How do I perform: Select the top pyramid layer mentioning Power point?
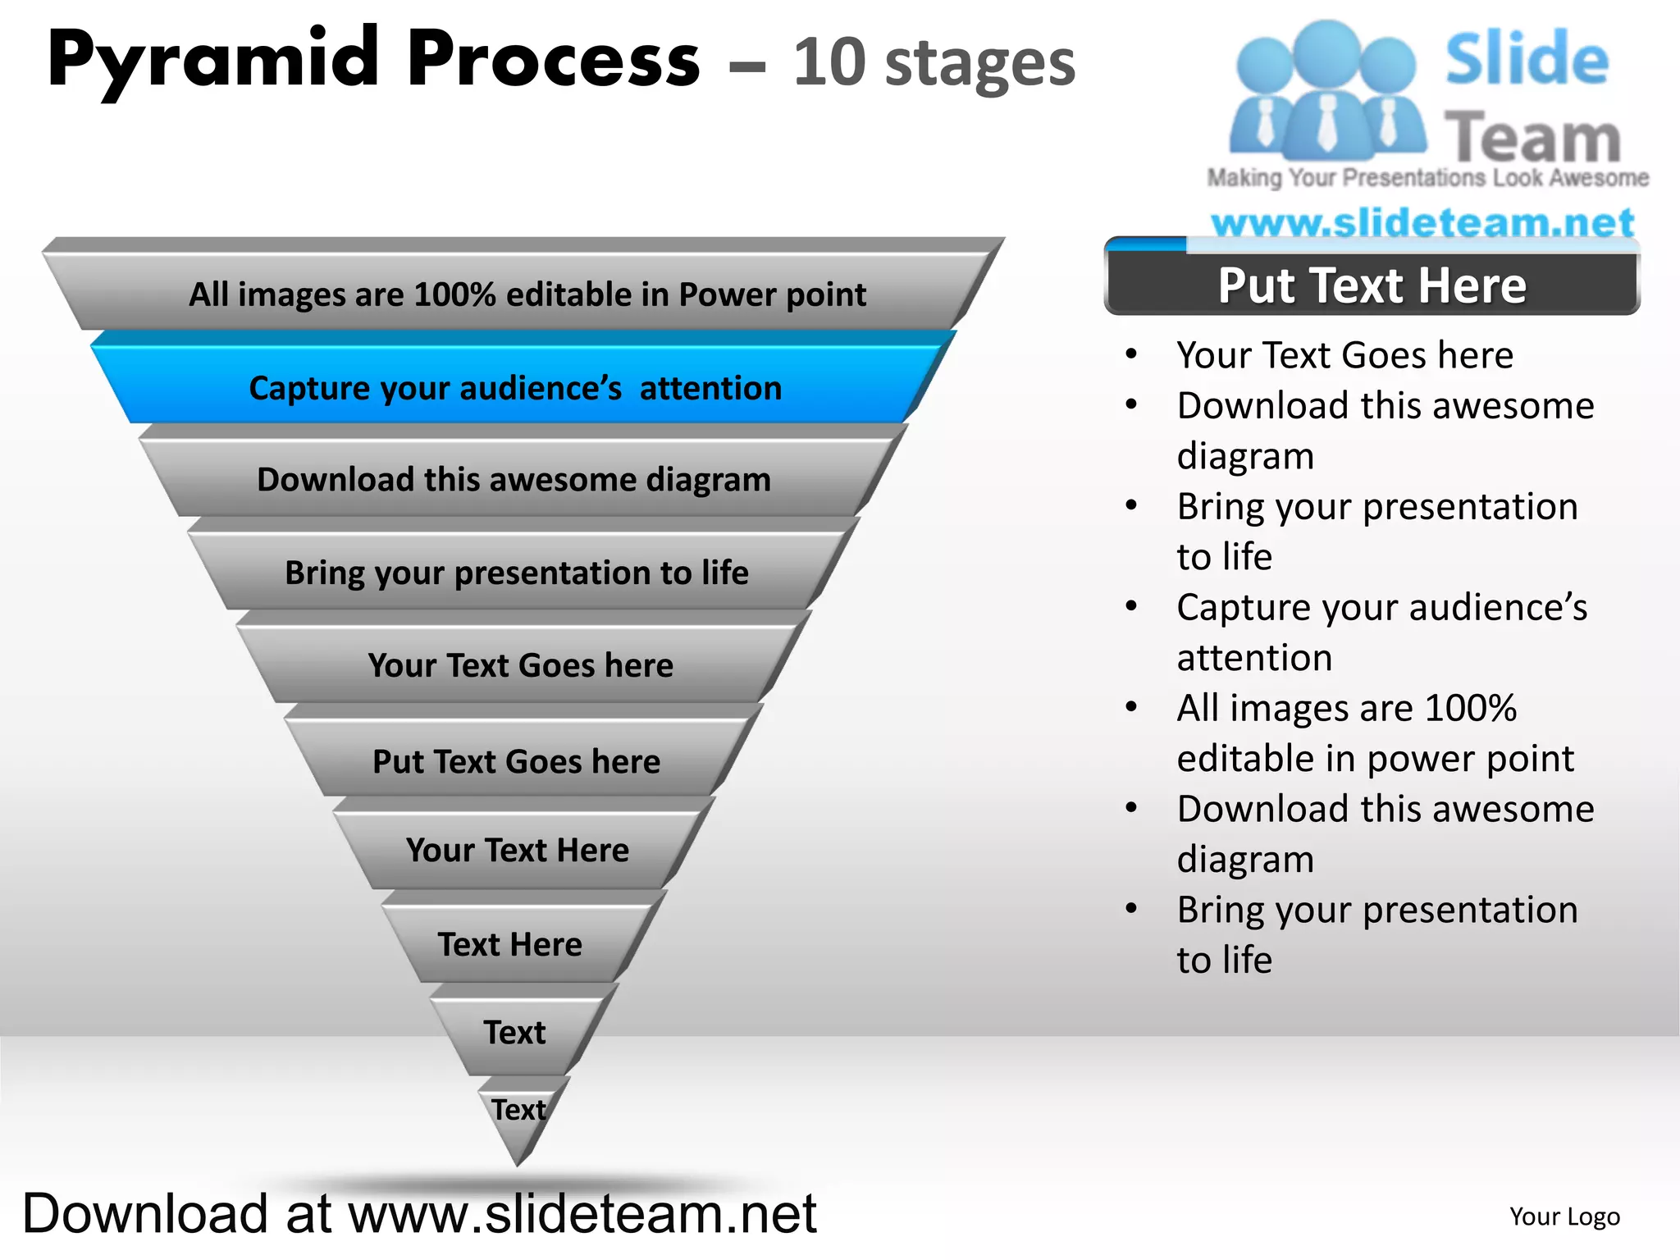[x=527, y=294]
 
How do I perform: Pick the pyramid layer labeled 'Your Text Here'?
[x=517, y=850]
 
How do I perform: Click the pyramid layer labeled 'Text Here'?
[x=510, y=944]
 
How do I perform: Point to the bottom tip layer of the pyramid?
[x=519, y=1116]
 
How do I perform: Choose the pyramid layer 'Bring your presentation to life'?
[x=517, y=573]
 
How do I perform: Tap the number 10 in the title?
[x=829, y=62]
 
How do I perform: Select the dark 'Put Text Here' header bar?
[x=1372, y=285]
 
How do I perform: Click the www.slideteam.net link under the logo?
[x=1422, y=222]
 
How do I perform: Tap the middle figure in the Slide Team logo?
[x=1326, y=90]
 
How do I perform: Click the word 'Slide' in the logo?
[x=1526, y=59]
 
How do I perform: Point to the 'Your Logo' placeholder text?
[x=1564, y=1217]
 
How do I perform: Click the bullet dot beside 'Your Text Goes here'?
[x=1131, y=354]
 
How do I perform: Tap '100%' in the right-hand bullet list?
[x=1470, y=708]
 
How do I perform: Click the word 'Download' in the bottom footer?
[x=145, y=1214]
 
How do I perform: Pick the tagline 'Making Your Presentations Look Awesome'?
[x=1427, y=178]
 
